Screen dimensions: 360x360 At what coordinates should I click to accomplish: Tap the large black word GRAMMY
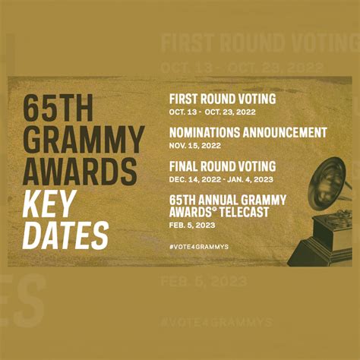81,139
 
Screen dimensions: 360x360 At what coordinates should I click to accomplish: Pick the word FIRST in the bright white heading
186,99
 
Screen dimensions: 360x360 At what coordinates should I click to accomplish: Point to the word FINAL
186,166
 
